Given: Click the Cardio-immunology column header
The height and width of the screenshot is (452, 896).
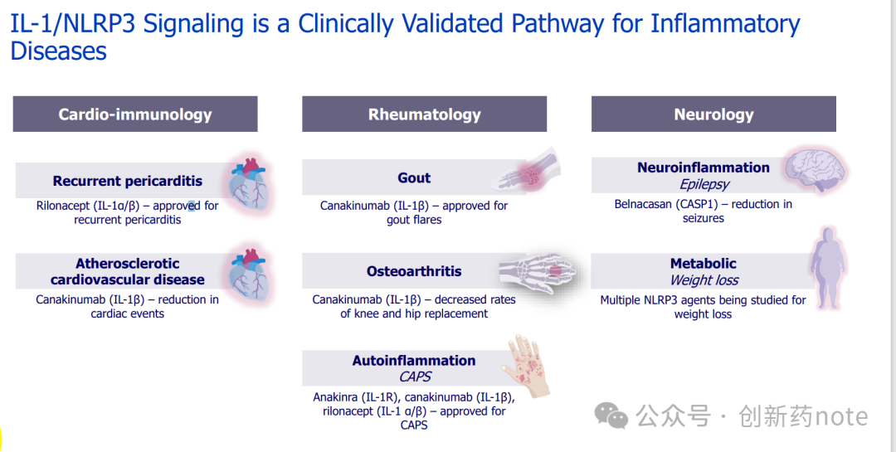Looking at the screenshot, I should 135,114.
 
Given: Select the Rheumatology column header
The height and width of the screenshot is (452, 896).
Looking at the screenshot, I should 424,114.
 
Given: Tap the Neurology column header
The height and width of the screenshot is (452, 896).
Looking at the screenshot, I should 713,114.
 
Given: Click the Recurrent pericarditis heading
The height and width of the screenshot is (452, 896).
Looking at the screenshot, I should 127,181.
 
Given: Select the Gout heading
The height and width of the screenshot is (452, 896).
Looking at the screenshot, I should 414,177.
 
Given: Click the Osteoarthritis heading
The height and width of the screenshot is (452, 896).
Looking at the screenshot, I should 414,271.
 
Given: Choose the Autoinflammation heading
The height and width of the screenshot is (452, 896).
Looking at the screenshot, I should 414,361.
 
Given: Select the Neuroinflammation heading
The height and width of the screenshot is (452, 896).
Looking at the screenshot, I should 704,168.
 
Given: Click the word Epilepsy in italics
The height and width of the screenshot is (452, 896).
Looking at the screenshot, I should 704,184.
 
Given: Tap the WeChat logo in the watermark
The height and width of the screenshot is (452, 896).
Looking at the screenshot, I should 614,416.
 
